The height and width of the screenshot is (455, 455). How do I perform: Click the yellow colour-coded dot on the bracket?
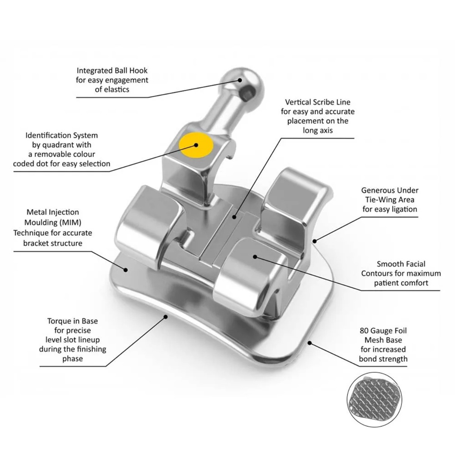pos(196,145)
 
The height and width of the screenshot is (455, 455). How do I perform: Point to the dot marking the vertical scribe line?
pos(235,217)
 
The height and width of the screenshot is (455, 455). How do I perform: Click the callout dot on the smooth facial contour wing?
pos(255,257)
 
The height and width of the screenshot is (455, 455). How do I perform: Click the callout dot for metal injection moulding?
pos(126,270)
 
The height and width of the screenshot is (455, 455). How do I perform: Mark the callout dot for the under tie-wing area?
pos(314,240)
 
